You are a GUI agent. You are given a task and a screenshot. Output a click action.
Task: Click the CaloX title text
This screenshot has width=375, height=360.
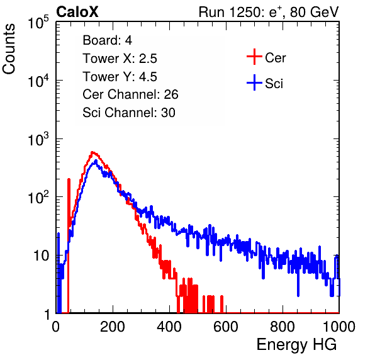click(x=77, y=12)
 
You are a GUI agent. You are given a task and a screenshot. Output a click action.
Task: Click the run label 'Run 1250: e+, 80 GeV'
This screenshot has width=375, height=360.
click(x=269, y=12)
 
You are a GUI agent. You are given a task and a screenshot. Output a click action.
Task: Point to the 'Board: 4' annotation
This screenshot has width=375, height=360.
click(x=107, y=40)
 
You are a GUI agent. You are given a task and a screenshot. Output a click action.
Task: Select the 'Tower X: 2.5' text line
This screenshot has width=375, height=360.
click(x=120, y=59)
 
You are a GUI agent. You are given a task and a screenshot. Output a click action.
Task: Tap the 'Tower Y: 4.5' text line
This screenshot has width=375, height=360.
click(x=120, y=77)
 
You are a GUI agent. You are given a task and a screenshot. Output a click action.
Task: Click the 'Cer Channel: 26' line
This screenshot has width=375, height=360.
click(x=130, y=94)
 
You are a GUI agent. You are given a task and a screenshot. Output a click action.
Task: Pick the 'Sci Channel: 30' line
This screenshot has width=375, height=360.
click(x=129, y=113)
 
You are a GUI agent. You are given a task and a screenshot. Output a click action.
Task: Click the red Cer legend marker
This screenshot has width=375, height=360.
click(x=254, y=57)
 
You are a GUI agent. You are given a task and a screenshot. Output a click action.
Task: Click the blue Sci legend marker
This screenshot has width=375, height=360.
click(x=254, y=82)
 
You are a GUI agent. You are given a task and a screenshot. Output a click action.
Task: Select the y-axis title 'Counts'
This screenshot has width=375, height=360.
click(x=9, y=49)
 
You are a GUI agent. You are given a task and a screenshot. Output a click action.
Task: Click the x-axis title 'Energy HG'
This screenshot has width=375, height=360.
click(x=296, y=345)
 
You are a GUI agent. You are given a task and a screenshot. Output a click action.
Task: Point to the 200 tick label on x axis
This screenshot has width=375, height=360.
click(x=113, y=327)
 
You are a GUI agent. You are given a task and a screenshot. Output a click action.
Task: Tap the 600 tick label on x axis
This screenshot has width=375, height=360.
click(x=226, y=327)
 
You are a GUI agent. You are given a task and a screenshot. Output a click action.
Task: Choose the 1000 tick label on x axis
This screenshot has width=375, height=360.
click(x=339, y=327)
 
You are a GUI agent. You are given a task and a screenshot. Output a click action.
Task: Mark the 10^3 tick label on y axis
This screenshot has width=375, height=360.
click(x=38, y=139)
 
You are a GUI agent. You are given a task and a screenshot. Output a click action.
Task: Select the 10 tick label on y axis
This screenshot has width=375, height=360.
click(x=42, y=256)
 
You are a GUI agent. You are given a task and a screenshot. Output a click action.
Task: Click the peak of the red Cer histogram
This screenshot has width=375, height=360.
click(x=92, y=152)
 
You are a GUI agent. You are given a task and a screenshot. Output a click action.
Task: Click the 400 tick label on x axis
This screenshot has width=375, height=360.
click(x=169, y=327)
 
